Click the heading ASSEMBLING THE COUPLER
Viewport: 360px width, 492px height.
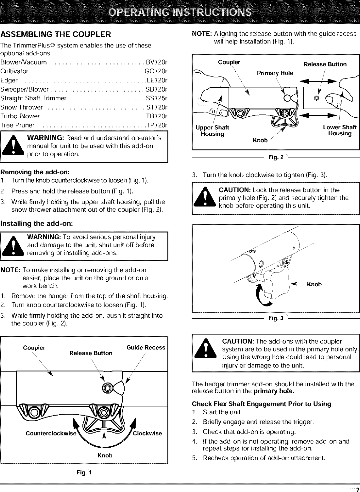pyautogui.click(x=56, y=34)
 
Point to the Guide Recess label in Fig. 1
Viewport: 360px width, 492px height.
pyautogui.click(x=146, y=347)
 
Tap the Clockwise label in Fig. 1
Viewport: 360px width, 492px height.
pyautogui.click(x=147, y=433)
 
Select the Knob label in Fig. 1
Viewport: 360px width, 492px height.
pyautogui.click(x=105, y=455)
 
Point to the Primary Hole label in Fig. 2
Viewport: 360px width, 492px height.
pyautogui.click(x=275, y=73)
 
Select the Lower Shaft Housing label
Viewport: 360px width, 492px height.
pyautogui.click(x=340, y=130)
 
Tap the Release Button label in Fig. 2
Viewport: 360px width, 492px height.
pyautogui.click(x=325, y=64)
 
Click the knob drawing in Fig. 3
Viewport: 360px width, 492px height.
pyautogui.click(x=276, y=283)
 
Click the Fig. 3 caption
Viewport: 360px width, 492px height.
pyautogui.click(x=276, y=318)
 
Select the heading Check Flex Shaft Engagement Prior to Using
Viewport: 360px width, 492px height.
pyautogui.click(x=261, y=404)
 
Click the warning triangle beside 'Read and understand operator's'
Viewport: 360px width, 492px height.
pyautogui.click(x=14, y=147)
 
